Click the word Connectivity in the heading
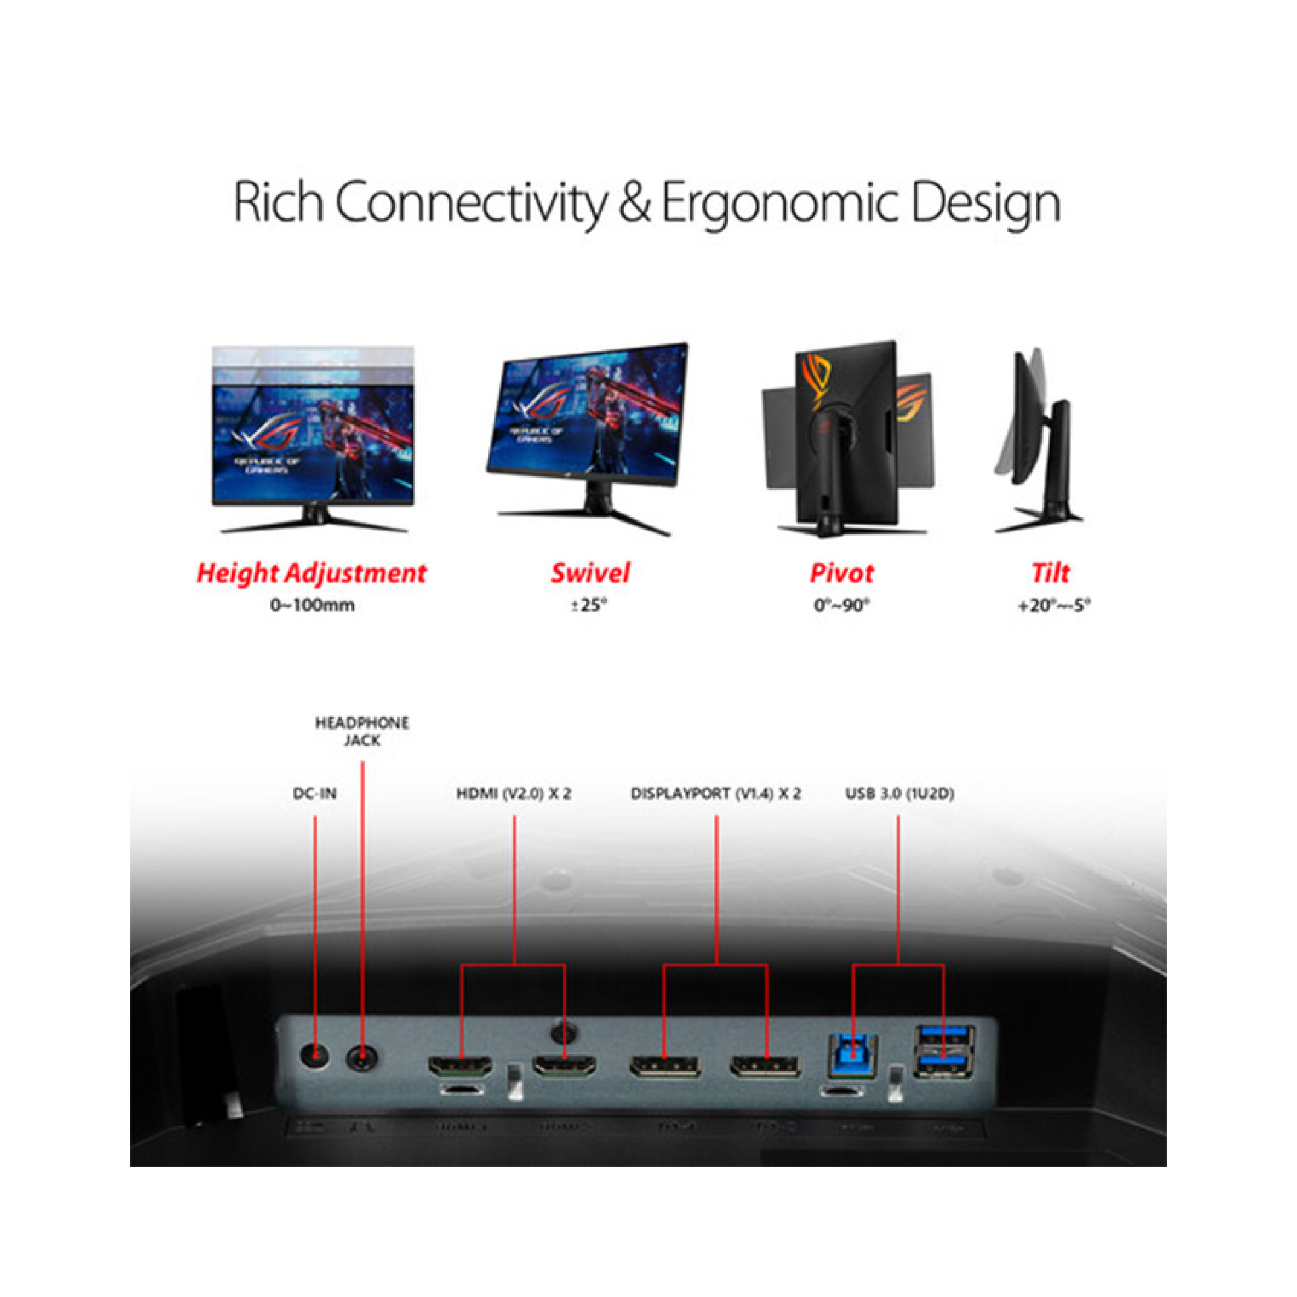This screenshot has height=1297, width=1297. (x=471, y=202)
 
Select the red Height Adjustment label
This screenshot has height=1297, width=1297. (x=311, y=573)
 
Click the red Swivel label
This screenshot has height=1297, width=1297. (x=590, y=573)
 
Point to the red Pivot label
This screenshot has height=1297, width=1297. (x=842, y=573)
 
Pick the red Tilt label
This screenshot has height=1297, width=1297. (x=1050, y=573)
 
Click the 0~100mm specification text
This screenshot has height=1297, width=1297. (x=312, y=605)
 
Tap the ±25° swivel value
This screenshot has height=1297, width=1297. (x=589, y=605)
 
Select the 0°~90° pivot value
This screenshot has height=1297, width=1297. (x=842, y=605)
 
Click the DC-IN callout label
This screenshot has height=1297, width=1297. (x=315, y=793)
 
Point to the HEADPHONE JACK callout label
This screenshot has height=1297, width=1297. (x=362, y=732)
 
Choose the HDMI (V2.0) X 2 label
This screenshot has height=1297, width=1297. (x=513, y=793)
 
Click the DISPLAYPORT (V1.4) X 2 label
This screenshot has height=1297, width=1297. (x=716, y=793)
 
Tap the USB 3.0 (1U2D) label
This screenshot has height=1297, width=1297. (x=900, y=793)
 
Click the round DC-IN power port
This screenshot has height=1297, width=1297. (x=314, y=1054)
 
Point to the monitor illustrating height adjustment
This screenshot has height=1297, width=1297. (x=313, y=439)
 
